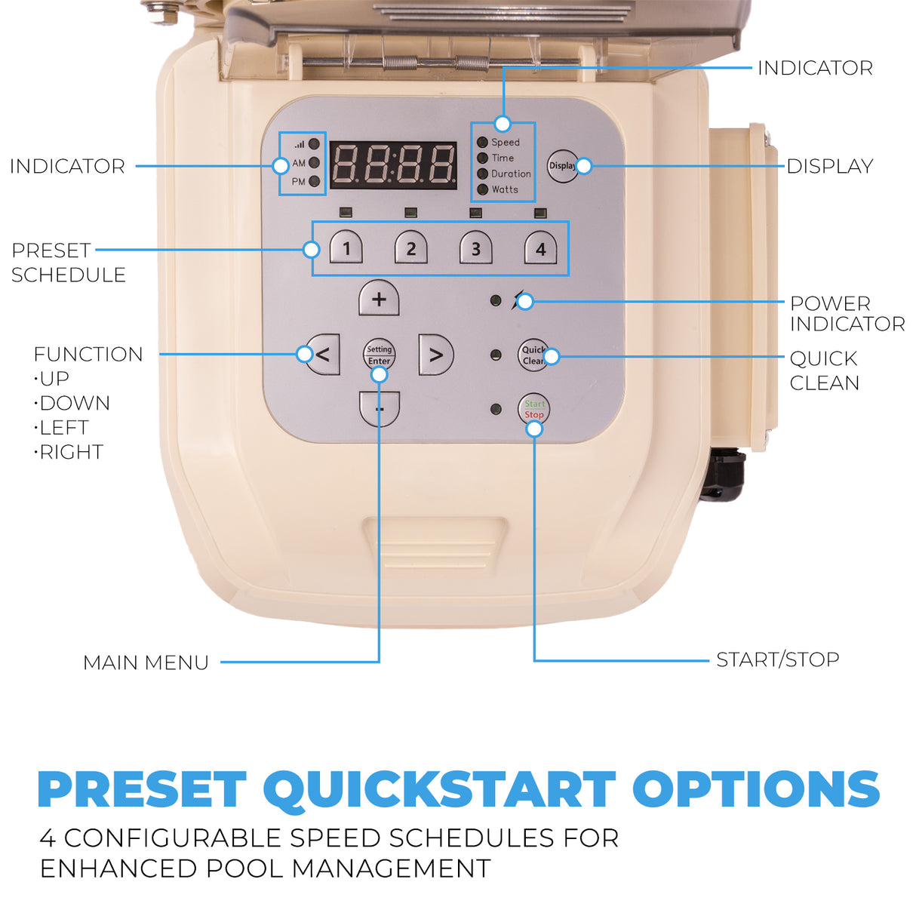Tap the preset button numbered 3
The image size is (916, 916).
pyautogui.click(x=475, y=248)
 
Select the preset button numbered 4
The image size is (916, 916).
pyautogui.click(x=540, y=248)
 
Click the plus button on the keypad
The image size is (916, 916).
pyautogui.click(x=379, y=299)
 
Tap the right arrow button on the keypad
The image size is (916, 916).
pyautogui.click(x=435, y=355)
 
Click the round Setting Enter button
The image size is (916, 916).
pyautogui.click(x=379, y=353)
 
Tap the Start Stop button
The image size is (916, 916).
pyautogui.click(x=533, y=410)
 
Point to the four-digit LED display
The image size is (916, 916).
pyautogui.click(x=393, y=164)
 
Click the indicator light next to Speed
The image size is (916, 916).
pyautogui.click(x=482, y=142)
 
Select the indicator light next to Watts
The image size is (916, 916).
pyautogui.click(x=483, y=189)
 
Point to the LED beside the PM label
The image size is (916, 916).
pyautogui.click(x=315, y=181)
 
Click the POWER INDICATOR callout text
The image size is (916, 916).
pyautogui.click(x=847, y=314)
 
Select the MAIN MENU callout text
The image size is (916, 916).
pyautogui.click(x=146, y=662)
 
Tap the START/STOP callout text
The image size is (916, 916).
pyautogui.click(x=777, y=659)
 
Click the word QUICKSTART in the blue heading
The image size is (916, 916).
pyautogui.click(x=439, y=789)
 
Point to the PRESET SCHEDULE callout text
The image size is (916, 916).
pyautogui.click(x=68, y=263)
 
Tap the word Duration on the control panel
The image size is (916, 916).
pyautogui.click(x=511, y=174)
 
